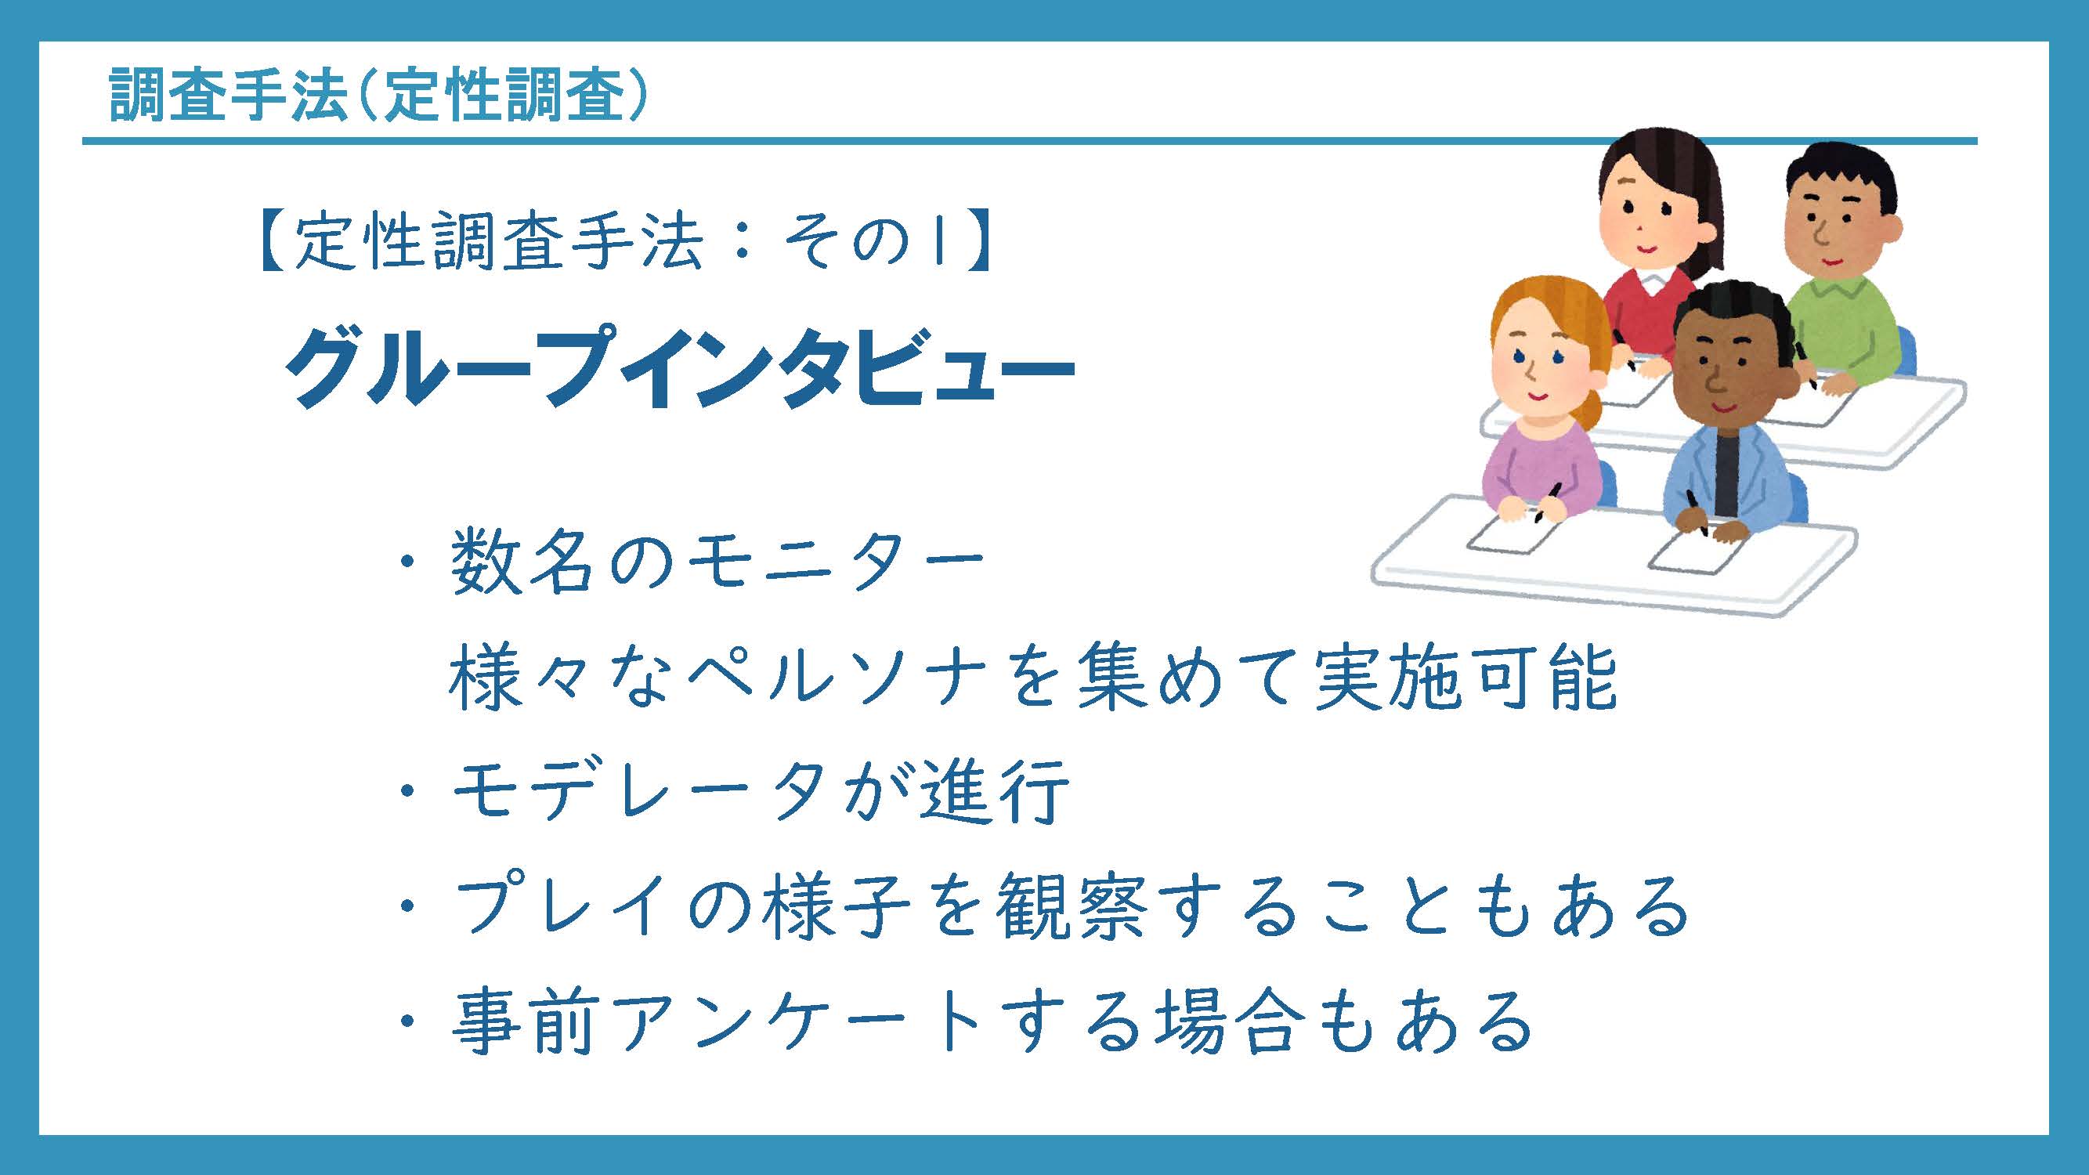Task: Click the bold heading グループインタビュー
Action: pos(680,367)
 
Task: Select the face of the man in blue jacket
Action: pos(1727,373)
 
